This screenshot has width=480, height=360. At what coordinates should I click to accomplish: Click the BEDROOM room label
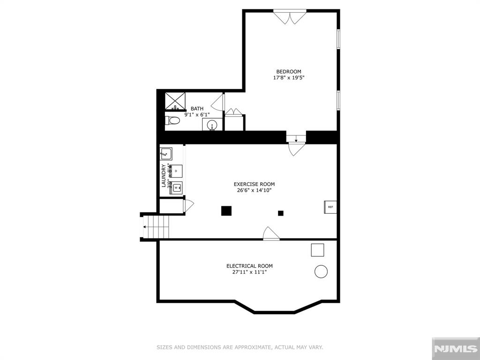(288, 72)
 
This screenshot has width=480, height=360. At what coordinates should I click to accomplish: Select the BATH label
(197, 108)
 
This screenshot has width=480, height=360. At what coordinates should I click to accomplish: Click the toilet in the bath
(172, 120)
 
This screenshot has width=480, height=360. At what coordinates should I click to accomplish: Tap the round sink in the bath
(212, 125)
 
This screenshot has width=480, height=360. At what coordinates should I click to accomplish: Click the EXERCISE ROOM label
(254, 184)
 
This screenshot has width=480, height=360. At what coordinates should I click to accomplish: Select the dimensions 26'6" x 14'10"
(254, 190)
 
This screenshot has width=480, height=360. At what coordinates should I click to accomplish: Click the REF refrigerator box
(330, 207)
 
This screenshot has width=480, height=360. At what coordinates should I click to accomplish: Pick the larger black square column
(226, 211)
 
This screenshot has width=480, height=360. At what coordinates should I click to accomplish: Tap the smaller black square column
(281, 213)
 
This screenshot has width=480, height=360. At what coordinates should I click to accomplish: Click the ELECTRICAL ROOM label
(249, 266)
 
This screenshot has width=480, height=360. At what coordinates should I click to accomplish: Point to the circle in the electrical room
(321, 271)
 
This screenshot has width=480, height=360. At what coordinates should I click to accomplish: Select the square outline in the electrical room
(317, 250)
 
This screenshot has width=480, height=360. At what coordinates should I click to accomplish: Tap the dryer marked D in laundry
(176, 171)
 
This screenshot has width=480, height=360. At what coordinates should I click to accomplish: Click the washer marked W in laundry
(177, 187)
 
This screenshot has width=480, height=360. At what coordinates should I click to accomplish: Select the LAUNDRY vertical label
(164, 176)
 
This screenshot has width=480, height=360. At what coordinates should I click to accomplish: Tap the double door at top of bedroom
(290, 18)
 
